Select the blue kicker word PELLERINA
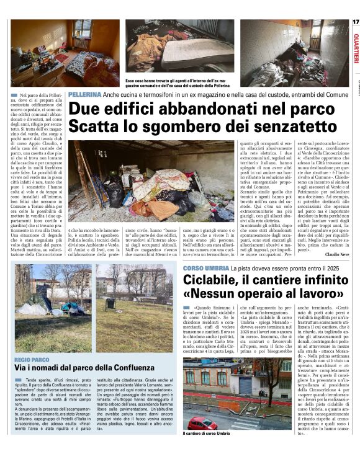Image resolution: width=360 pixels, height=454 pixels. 84,94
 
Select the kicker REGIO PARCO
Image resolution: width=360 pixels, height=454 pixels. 32,359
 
